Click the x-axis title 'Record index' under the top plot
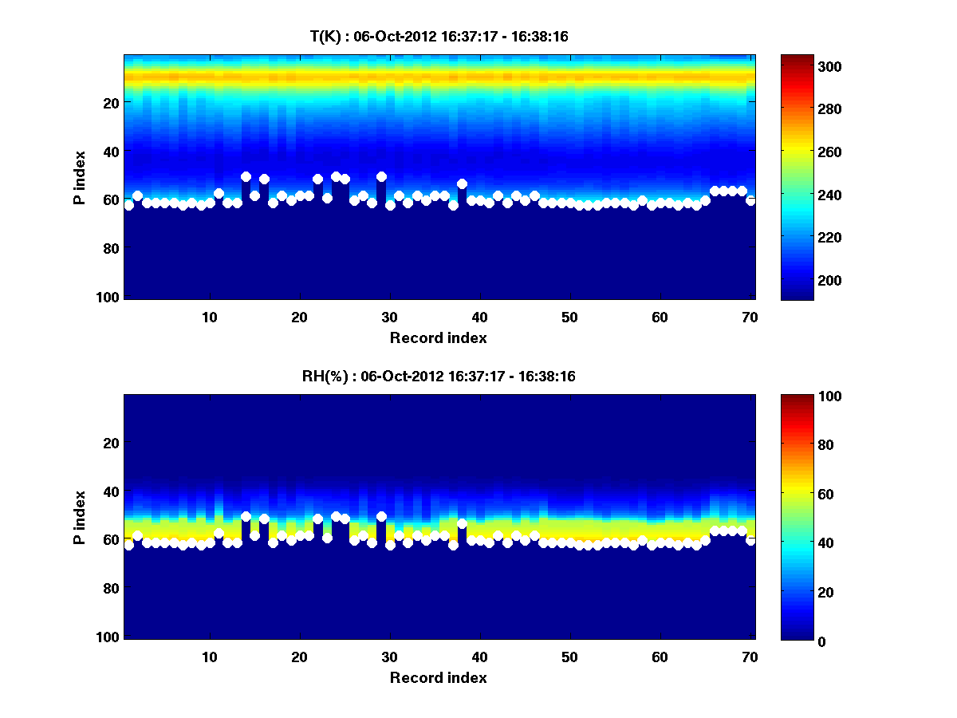click(439, 337)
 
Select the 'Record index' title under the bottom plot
click(439, 677)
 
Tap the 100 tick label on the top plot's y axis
click(110, 297)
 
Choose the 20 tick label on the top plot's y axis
click(111, 103)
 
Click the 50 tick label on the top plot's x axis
click(569, 318)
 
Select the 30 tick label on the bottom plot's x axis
click(389, 657)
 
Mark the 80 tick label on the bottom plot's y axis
click(111, 589)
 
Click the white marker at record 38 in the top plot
click(462, 184)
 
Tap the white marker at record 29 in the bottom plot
click(381, 517)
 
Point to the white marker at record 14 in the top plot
click(246, 176)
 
